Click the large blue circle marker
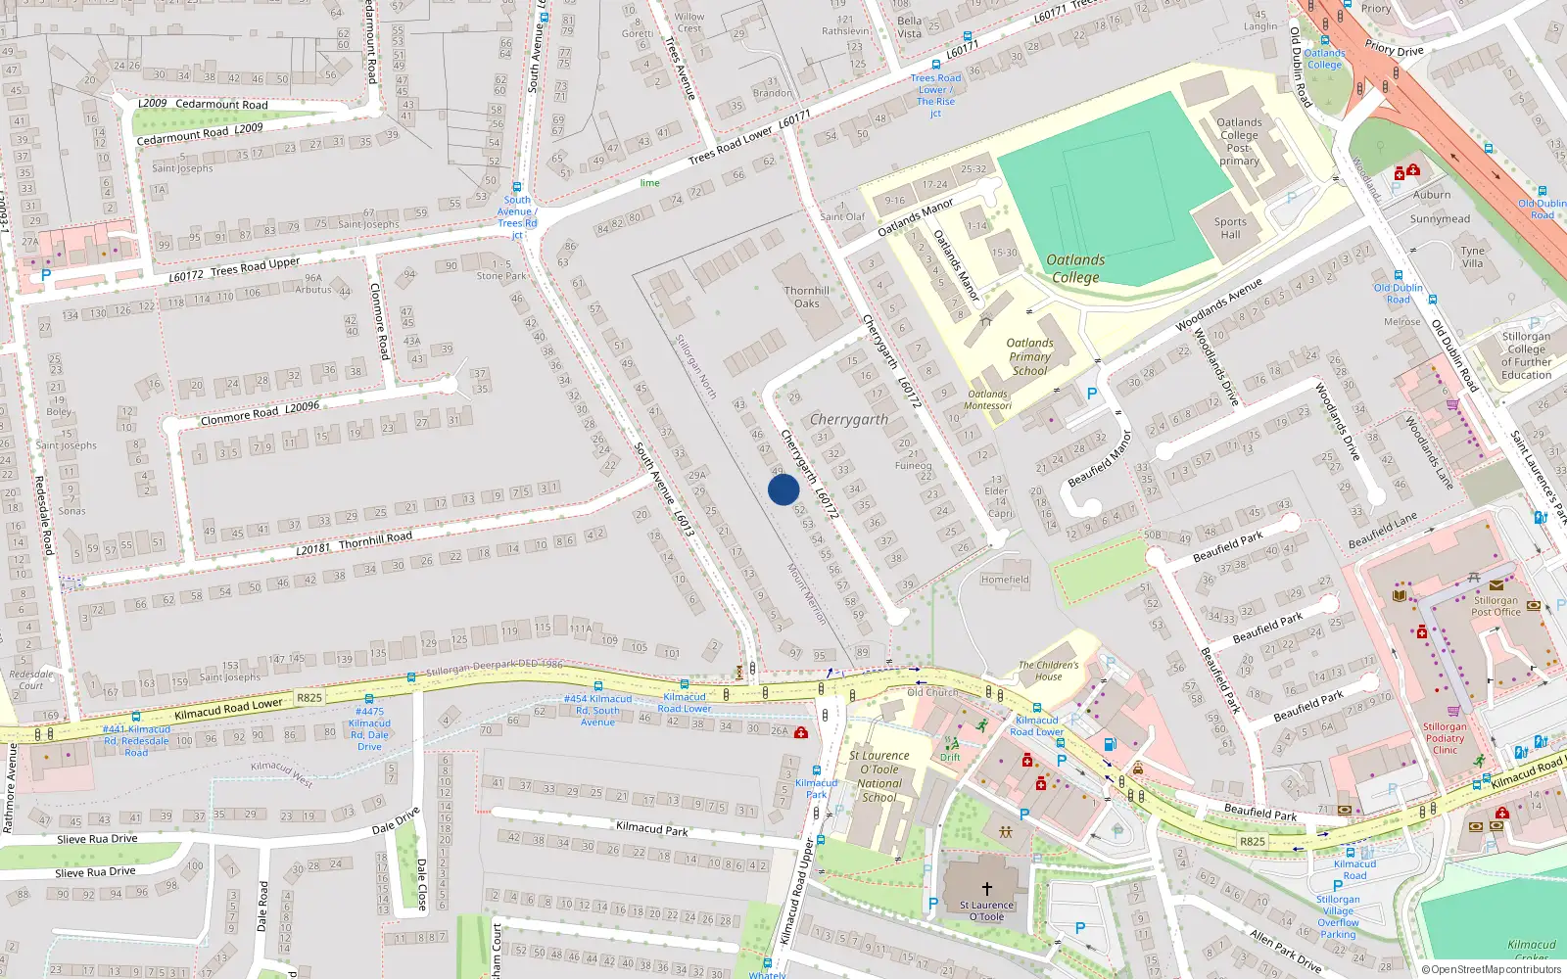click(783, 489)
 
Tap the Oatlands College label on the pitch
click(1075, 268)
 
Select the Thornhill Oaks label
click(806, 297)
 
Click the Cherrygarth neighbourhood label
click(849, 419)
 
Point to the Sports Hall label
click(1230, 228)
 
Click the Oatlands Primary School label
click(1029, 356)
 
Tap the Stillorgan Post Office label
click(1496, 606)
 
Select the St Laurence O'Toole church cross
click(987, 888)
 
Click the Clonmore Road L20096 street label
click(260, 413)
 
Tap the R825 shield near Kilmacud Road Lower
click(309, 698)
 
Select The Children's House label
click(1048, 671)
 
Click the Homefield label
click(1005, 580)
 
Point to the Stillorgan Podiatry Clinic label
click(1445, 738)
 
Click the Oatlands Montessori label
click(987, 399)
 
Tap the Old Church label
click(931, 692)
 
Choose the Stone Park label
click(501, 276)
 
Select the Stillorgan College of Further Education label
click(1526, 355)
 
